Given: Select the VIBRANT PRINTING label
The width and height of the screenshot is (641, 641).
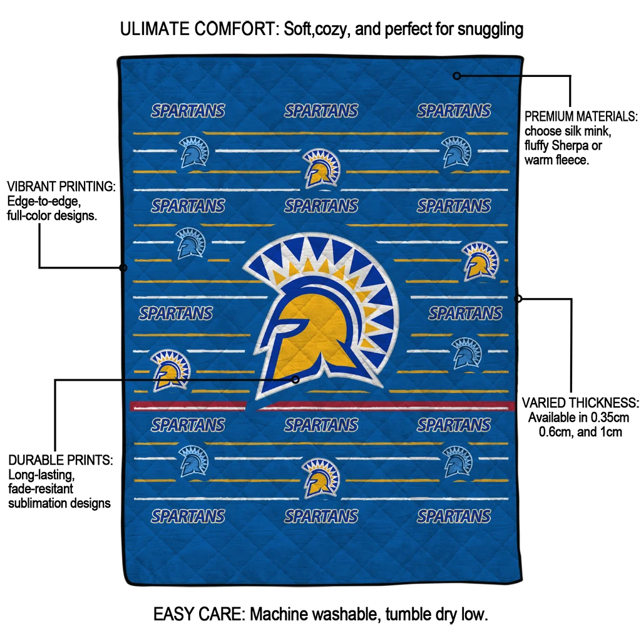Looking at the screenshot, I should [61, 187].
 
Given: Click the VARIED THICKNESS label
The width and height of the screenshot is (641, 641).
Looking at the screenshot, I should [580, 403].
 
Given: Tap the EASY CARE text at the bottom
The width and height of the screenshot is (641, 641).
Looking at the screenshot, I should [199, 614].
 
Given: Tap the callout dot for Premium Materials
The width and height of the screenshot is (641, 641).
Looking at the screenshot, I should [457, 76].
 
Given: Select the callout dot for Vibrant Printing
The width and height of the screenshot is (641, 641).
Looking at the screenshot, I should [123, 267].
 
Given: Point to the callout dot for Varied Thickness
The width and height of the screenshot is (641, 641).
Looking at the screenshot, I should [518, 299].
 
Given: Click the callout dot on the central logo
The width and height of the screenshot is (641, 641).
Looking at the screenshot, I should [296, 379].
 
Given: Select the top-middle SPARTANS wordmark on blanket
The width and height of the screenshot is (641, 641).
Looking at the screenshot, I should [321, 111].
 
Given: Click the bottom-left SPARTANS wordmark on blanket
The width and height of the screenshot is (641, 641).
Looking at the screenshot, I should [188, 516].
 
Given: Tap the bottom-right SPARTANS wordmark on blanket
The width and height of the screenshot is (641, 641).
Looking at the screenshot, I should [454, 516].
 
